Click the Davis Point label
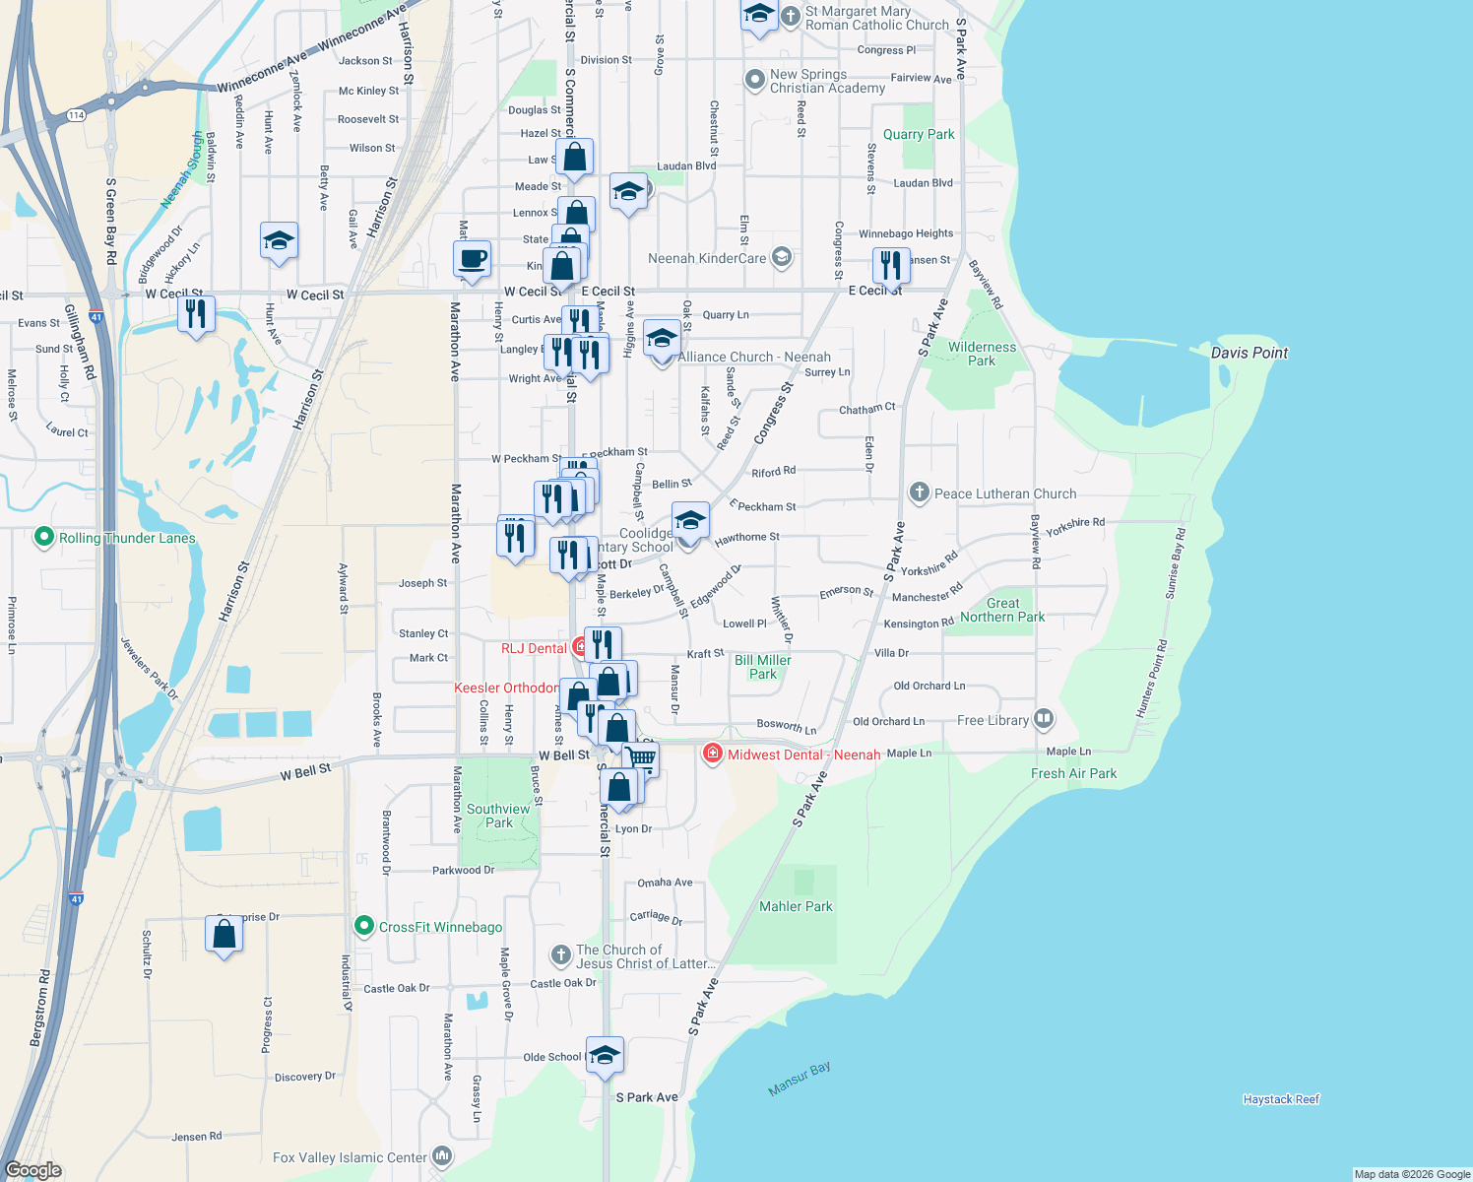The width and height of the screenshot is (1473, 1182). coord(1249,353)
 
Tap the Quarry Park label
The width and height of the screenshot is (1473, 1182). coord(918,134)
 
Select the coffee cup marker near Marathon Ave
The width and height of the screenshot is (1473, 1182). coord(473,259)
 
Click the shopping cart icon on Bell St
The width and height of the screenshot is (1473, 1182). coord(641,758)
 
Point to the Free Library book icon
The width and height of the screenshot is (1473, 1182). coord(1044,719)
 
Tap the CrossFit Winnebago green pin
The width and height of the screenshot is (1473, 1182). coord(363,926)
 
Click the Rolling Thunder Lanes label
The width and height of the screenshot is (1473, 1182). coord(127,538)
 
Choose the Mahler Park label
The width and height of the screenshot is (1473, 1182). coord(796,906)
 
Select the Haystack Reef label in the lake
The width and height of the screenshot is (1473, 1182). coord(1280,1099)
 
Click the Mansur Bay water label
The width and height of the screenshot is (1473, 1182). coord(800,1079)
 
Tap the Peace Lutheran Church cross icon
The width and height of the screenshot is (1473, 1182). coord(919,492)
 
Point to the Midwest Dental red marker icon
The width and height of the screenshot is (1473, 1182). coord(712,754)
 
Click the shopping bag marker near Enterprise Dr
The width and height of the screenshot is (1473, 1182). coord(224,933)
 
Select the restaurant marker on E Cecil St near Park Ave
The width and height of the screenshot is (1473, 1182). coord(890,265)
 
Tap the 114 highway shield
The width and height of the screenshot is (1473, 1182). coord(76,115)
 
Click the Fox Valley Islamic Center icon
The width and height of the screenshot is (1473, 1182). coord(442,1155)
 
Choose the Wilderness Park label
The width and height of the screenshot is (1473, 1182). coord(982,354)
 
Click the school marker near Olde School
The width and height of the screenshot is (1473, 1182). coord(605,1055)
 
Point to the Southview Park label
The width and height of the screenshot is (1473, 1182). coord(498,816)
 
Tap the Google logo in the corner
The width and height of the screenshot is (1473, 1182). coord(33,1170)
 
